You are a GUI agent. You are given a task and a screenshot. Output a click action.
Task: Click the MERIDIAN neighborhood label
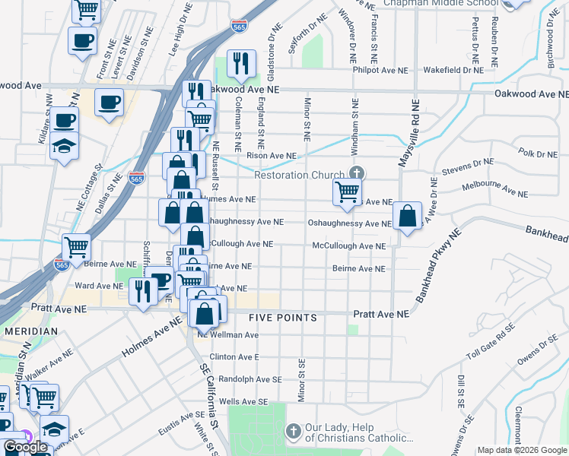coord(30,332)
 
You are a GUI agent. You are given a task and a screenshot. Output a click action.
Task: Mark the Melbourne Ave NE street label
coord(494,185)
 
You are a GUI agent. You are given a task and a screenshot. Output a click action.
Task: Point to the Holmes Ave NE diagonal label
coord(152,339)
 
